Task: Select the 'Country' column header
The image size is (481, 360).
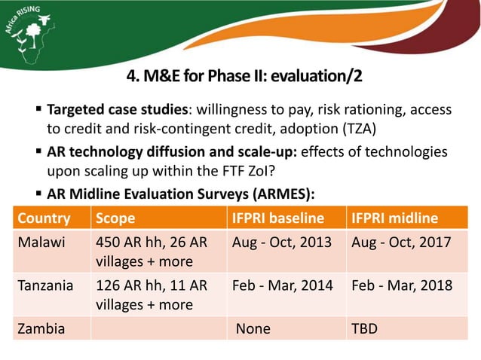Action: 44,218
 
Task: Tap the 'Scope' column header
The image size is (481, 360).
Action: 115,218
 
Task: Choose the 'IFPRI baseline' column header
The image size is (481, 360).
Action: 277,218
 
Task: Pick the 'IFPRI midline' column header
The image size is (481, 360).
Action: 394,218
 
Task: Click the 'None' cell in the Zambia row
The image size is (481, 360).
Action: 253,328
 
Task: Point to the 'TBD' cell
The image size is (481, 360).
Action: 366,328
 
